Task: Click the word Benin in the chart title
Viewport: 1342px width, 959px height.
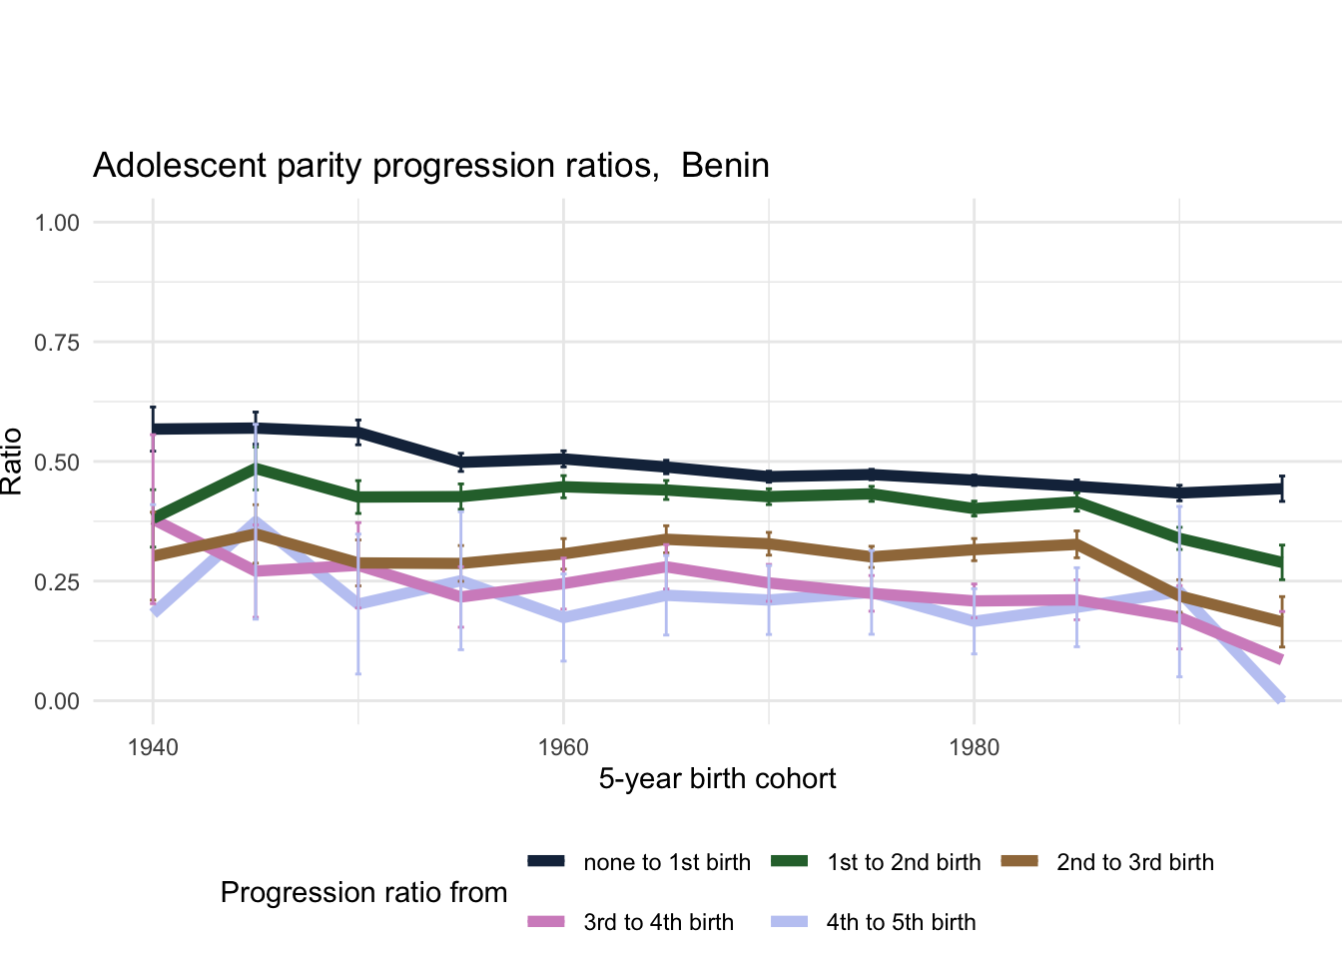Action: pyautogui.click(x=725, y=165)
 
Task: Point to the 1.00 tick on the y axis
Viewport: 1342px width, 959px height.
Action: pyautogui.click(x=57, y=222)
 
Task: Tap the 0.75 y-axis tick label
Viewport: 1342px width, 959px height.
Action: pyautogui.click(x=57, y=342)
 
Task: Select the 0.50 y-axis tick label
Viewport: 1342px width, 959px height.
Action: pyautogui.click(x=57, y=462)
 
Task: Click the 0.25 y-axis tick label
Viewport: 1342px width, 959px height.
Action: pyautogui.click(x=57, y=581)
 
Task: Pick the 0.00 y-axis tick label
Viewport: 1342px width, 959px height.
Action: pyautogui.click(x=57, y=701)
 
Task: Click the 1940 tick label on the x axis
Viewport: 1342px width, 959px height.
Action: pyautogui.click(x=153, y=747)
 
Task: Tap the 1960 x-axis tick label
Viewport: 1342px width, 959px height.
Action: pyautogui.click(x=563, y=747)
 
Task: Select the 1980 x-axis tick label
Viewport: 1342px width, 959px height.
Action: pyautogui.click(x=974, y=747)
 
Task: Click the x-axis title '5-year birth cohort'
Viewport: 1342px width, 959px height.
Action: pyautogui.click(x=717, y=778)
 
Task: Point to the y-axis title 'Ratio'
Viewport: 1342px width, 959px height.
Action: pyautogui.click(x=12, y=462)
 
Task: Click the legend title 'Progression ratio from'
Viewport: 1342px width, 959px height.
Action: pyautogui.click(x=363, y=892)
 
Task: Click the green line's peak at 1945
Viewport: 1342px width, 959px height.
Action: pyautogui.click(x=256, y=467)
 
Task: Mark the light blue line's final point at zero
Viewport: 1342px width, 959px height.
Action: pyautogui.click(x=1281, y=699)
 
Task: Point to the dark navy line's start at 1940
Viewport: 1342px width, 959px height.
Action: pyautogui.click(x=154, y=430)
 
